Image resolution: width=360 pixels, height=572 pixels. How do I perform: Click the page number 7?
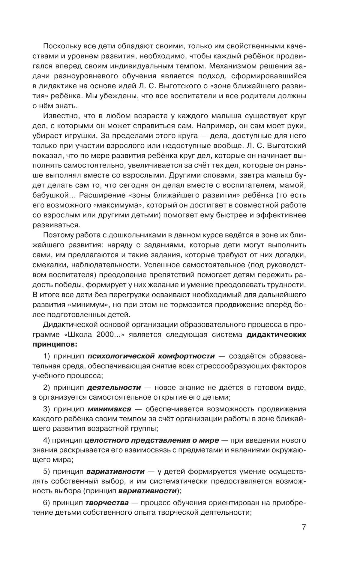304,535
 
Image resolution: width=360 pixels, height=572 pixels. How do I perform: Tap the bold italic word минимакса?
109,409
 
